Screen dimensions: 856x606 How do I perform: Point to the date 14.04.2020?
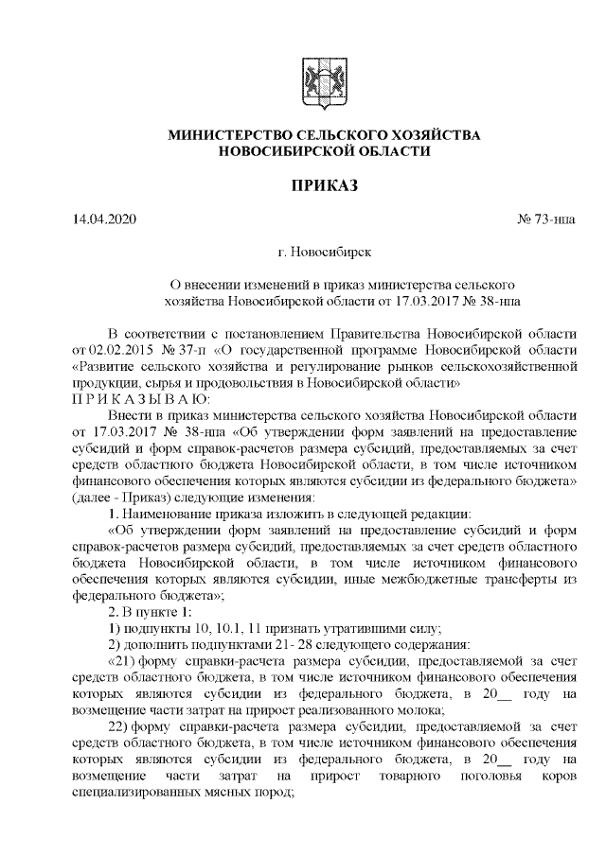[x=105, y=221]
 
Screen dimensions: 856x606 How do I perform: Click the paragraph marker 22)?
[x=121, y=726]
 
